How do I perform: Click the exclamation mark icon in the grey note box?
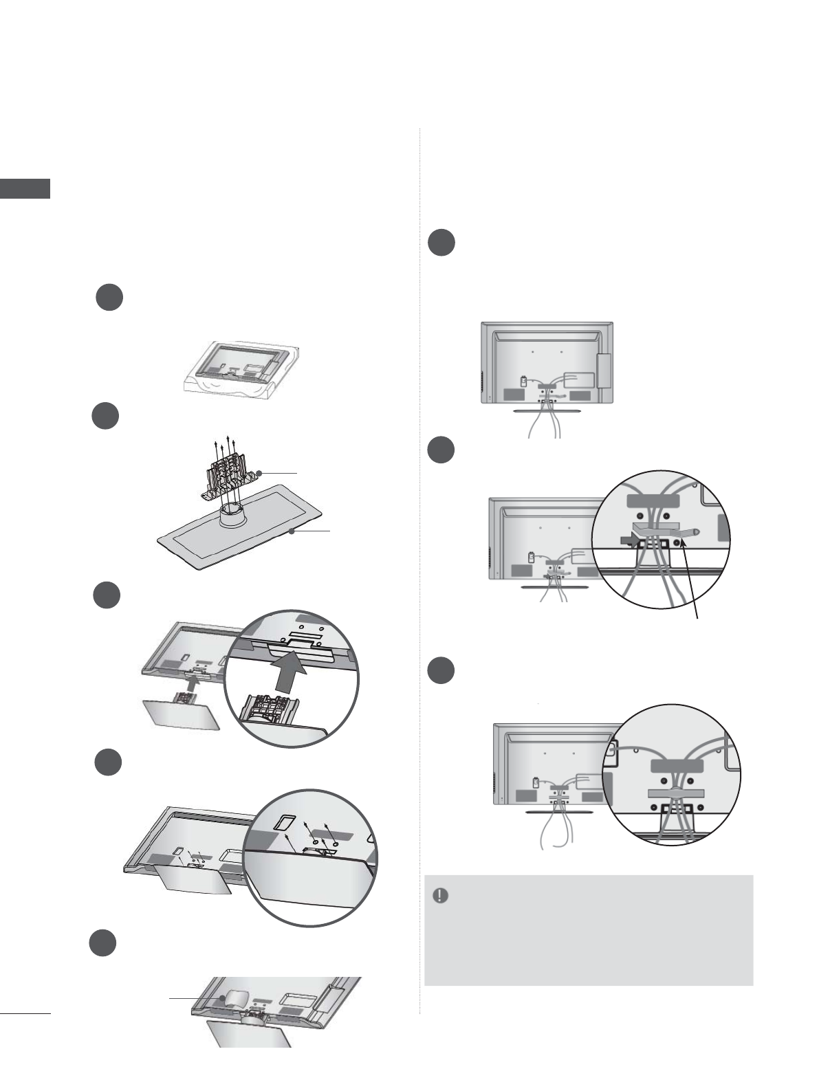coord(440,896)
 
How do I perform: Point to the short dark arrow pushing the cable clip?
coord(627,541)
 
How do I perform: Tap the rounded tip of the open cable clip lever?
coord(697,531)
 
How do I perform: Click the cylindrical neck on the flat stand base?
coord(234,514)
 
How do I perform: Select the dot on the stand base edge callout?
coord(292,531)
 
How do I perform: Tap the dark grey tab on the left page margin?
coord(25,188)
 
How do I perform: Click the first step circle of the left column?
coord(109,298)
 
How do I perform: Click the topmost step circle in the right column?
coord(441,243)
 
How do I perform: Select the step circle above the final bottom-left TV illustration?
coord(103,943)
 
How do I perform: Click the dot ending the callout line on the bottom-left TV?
coord(222,998)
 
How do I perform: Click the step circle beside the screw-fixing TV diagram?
coord(108,763)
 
